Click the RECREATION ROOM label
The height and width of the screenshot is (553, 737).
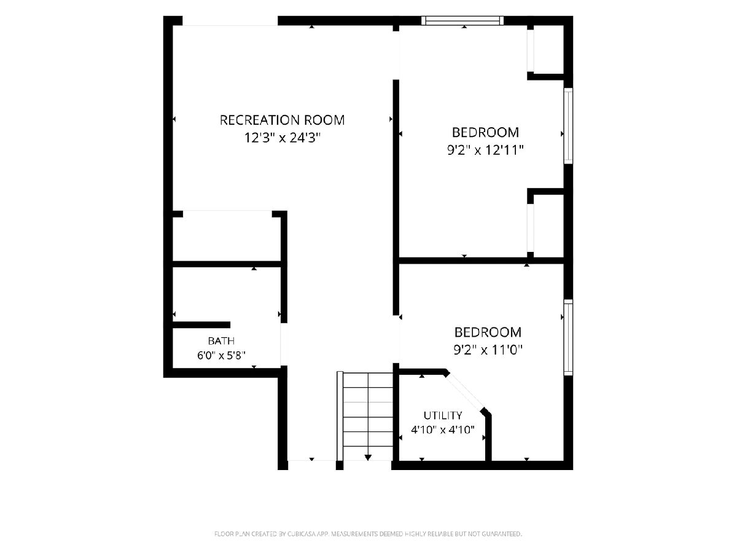tap(282, 120)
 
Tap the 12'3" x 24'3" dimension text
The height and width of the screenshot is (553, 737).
tap(282, 138)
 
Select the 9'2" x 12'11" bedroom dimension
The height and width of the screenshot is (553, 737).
tap(485, 150)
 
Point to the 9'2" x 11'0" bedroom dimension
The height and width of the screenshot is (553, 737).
tap(488, 350)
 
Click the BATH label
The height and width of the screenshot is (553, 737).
tap(221, 341)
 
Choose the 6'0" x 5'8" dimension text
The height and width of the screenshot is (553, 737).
tap(221, 355)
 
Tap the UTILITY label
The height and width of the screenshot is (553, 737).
tap(443, 416)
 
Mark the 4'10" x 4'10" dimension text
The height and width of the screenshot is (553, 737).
tap(443, 429)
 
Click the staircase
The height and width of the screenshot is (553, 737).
tap(365, 416)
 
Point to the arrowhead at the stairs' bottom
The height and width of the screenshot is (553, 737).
tap(368, 457)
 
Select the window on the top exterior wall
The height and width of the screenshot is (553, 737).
tap(462, 20)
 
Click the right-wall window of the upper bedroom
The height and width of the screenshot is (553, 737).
tap(568, 126)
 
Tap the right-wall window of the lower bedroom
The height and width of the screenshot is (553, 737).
tap(568, 337)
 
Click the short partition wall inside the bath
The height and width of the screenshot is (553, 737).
tap(201, 324)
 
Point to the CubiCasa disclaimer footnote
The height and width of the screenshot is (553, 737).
tap(368, 533)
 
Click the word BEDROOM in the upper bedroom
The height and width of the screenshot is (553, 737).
tap(486, 132)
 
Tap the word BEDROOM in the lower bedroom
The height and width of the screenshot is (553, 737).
tap(488, 332)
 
